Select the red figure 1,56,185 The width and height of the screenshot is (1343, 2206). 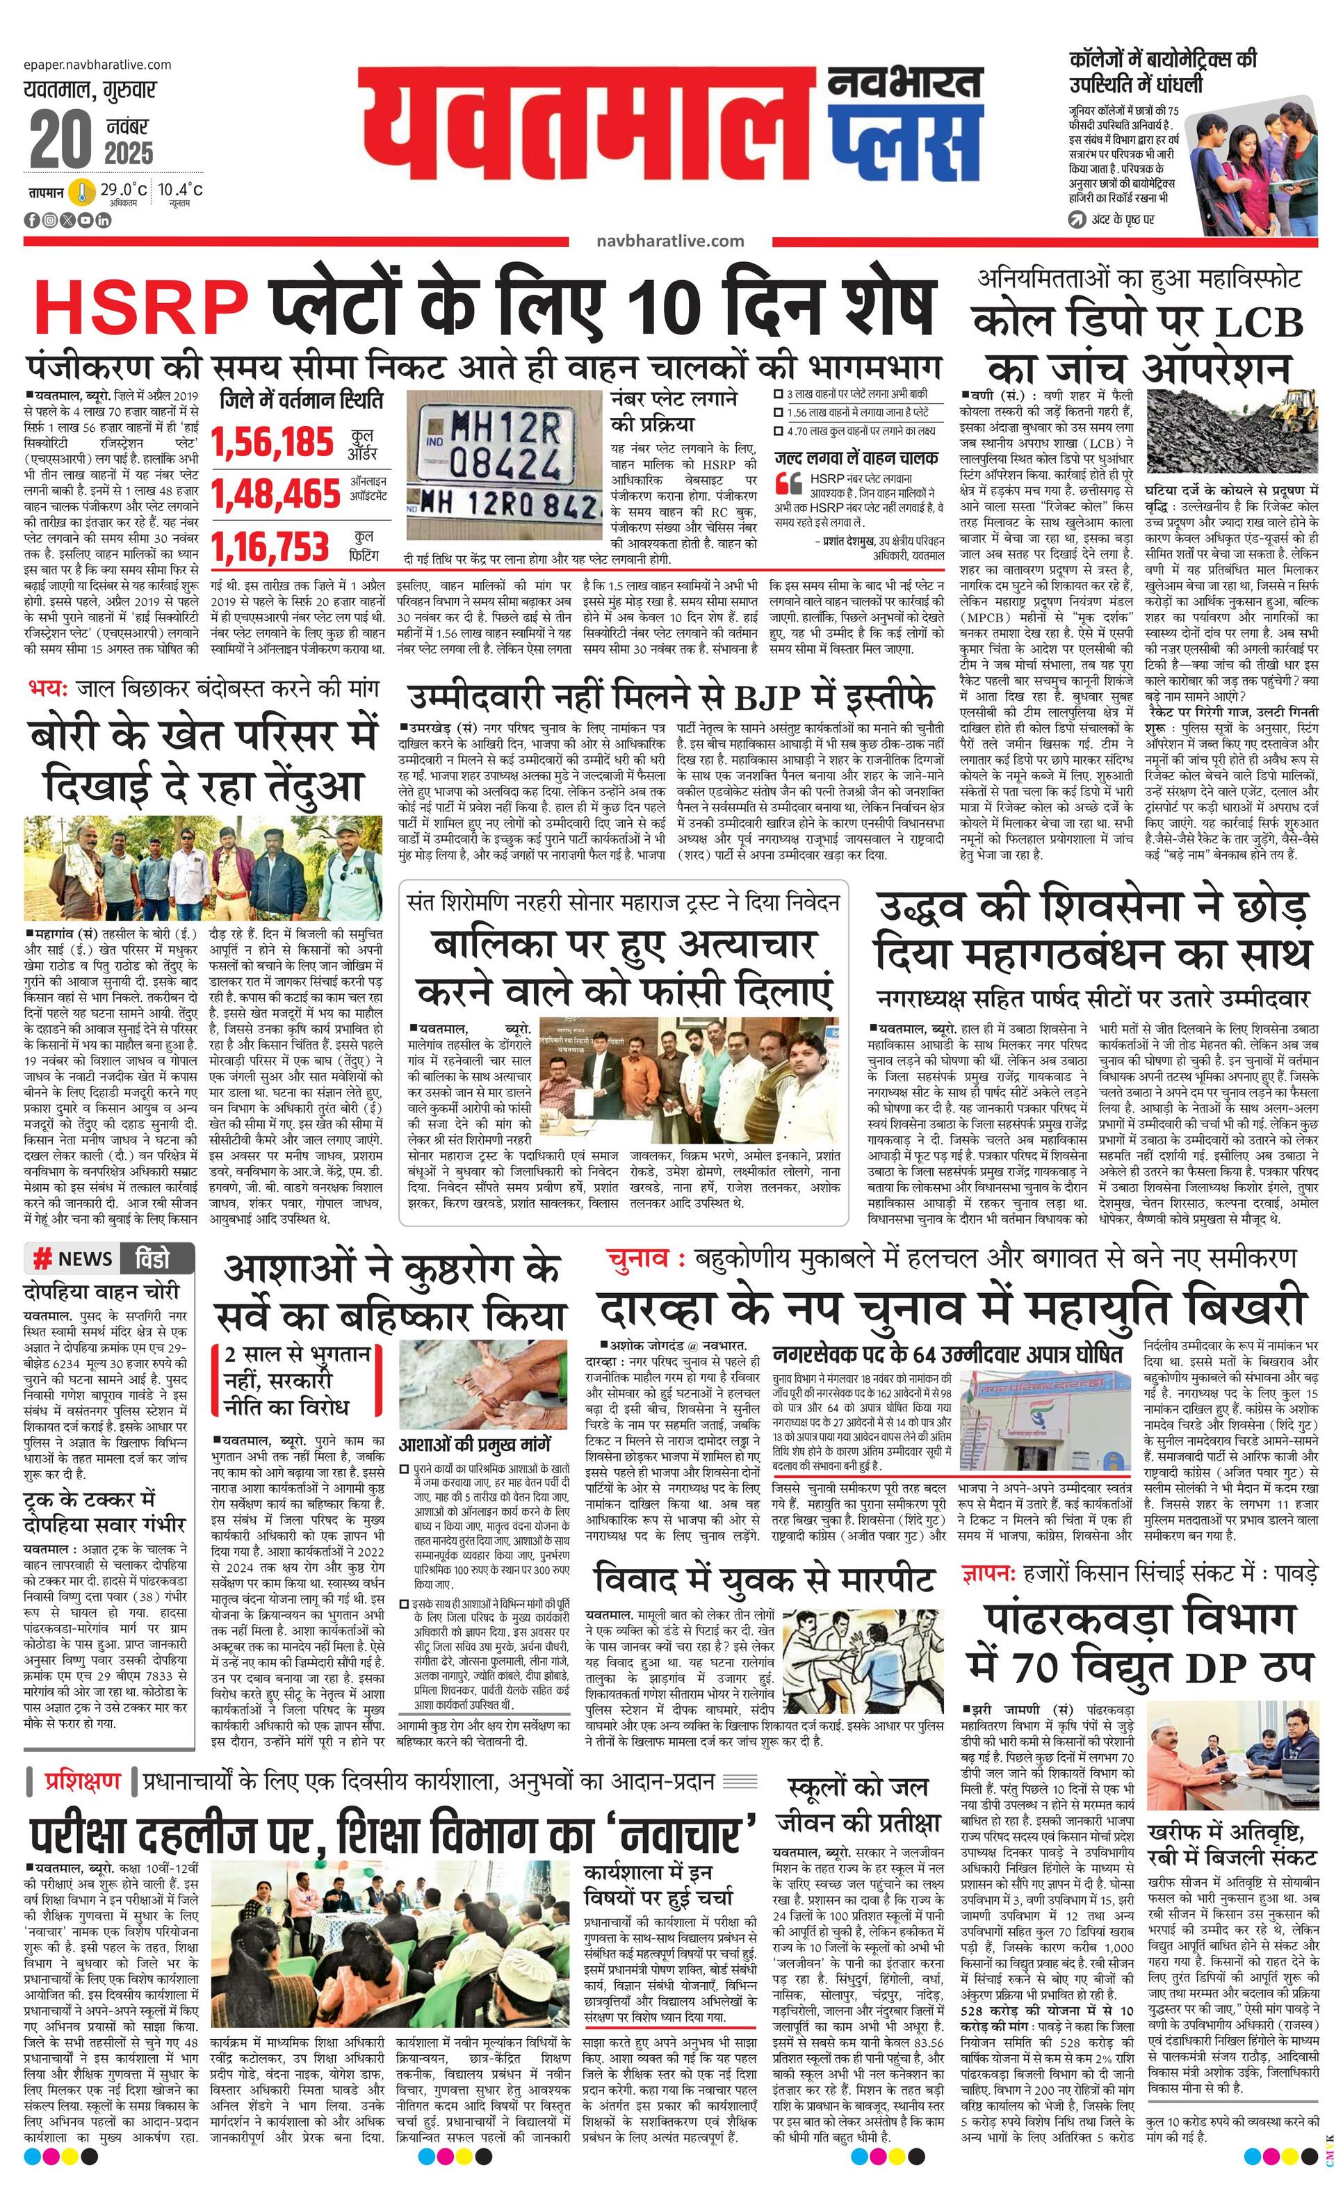point(272,442)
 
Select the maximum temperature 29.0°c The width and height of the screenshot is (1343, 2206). point(124,190)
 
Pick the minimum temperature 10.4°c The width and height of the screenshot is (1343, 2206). point(181,190)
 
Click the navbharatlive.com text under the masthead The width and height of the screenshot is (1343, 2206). point(669,240)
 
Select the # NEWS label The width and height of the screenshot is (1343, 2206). point(74,1259)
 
